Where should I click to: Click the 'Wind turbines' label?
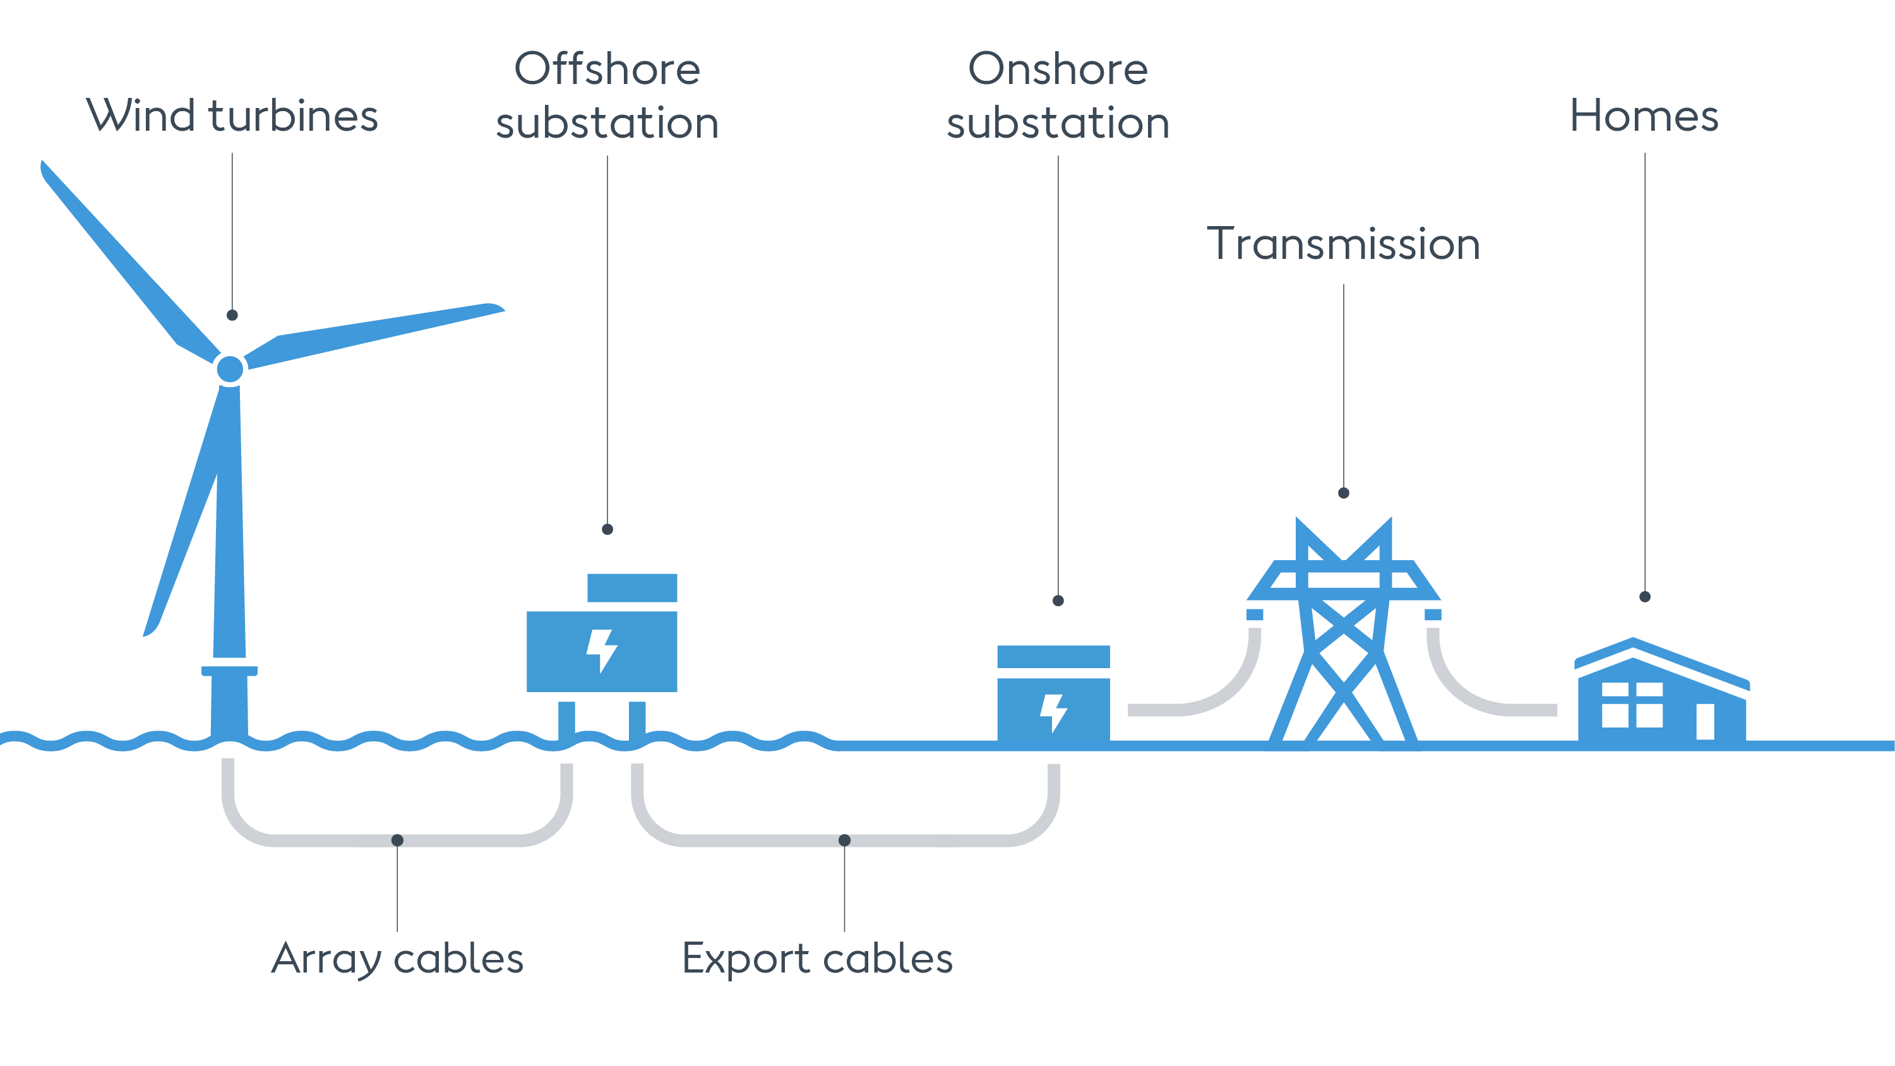pyautogui.click(x=232, y=116)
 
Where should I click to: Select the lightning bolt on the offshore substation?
pyautogui.click(x=601, y=651)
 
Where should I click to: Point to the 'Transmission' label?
pyautogui.click(x=1343, y=244)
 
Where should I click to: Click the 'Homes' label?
pyautogui.click(x=1644, y=116)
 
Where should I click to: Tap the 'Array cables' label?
pyautogui.click(x=397, y=959)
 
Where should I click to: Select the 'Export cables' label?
pyautogui.click(x=817, y=959)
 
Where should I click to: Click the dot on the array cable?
pyautogui.click(x=397, y=840)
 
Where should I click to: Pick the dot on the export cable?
pyautogui.click(x=844, y=840)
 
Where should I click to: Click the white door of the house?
pyautogui.click(x=1705, y=721)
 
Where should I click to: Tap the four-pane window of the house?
pyautogui.click(x=1632, y=705)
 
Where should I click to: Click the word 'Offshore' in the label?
pyautogui.click(x=607, y=70)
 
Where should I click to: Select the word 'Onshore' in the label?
pyautogui.click(x=1058, y=70)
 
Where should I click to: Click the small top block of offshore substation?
pyautogui.click(x=632, y=587)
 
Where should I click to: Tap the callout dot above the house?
pyautogui.click(x=1645, y=597)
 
